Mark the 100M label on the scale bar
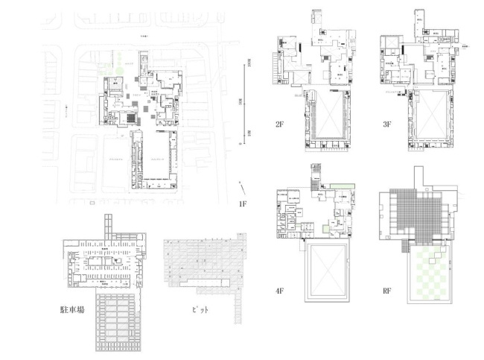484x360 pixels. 250,65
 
